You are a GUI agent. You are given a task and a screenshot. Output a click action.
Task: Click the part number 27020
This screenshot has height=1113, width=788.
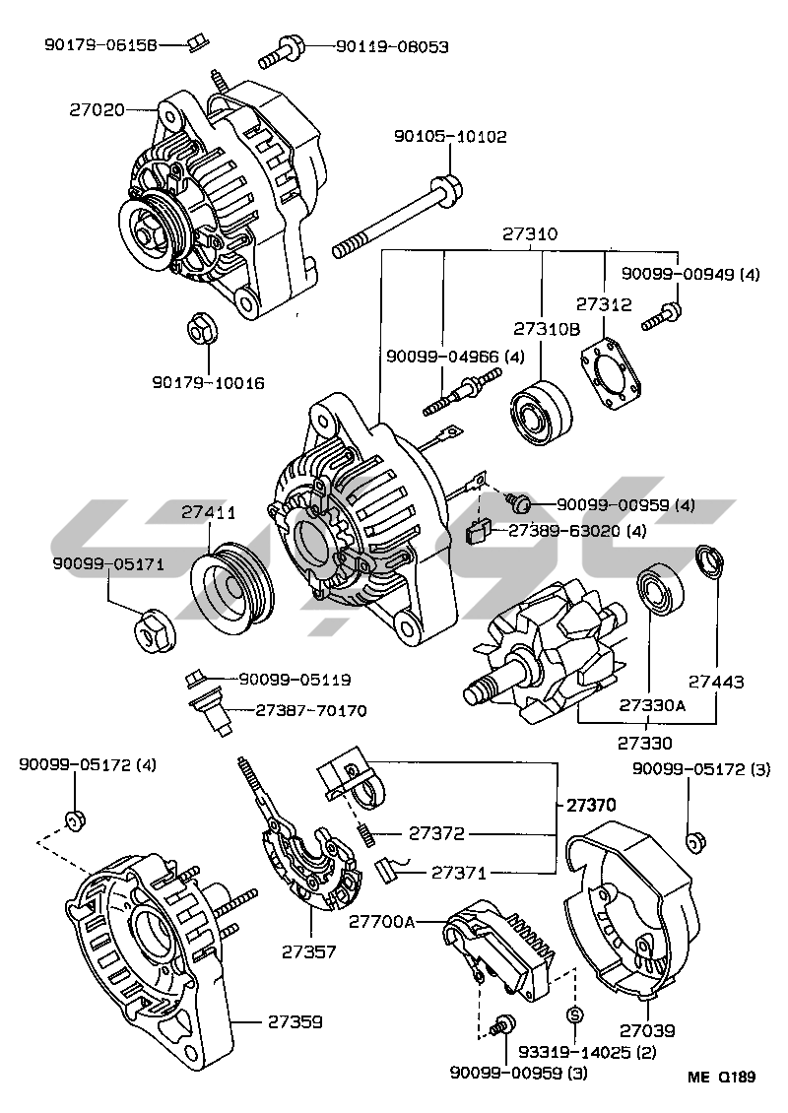point(97,109)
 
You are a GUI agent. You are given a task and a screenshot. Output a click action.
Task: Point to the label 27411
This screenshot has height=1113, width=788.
point(208,512)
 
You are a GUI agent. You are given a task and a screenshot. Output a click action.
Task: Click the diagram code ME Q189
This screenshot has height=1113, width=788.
point(723,1077)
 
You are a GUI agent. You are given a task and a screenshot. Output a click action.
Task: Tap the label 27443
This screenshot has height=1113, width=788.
point(716,682)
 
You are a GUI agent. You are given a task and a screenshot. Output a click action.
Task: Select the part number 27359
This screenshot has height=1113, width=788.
point(295,1021)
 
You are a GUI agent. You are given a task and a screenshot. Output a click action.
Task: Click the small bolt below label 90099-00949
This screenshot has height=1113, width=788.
point(662,316)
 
